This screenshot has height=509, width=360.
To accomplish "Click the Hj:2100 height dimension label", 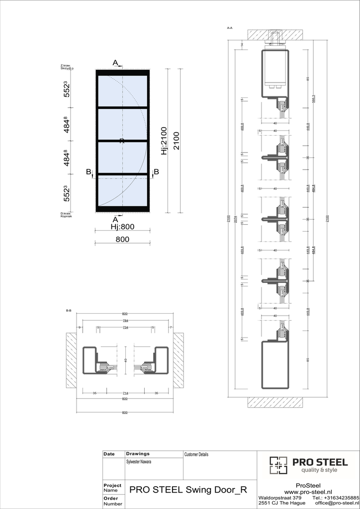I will pyautogui.click(x=164, y=140).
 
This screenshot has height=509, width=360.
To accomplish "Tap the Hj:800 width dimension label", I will pyautogui.click(x=122, y=226).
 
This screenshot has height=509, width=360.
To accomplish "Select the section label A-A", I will pyautogui.click(x=229, y=28).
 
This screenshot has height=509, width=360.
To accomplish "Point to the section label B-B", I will pyautogui.click(x=69, y=311).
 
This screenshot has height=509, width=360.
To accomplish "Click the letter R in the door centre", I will pyautogui.click(x=122, y=141).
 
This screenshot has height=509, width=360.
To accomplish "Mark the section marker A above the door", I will pyautogui.click(x=115, y=63).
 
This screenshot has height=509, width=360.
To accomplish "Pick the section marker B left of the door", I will pyautogui.click(x=89, y=172).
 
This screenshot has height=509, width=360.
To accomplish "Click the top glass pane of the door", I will pyautogui.click(x=122, y=91).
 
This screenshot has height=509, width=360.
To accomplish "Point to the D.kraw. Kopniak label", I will pyautogui.click(x=66, y=215).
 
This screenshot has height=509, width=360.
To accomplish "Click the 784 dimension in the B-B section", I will pyautogui.click(x=125, y=321).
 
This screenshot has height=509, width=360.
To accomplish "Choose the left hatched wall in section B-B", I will pyautogui.click(x=71, y=360).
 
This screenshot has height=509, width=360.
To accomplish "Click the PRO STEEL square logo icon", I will pyautogui.click(x=279, y=465).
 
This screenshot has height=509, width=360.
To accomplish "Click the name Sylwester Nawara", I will pyautogui.click(x=139, y=462).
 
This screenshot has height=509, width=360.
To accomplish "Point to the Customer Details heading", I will pyautogui.click(x=196, y=454).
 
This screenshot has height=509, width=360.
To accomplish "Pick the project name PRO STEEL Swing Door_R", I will pyautogui.click(x=188, y=489).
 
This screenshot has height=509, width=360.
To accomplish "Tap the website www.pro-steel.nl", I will pyautogui.click(x=308, y=492).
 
